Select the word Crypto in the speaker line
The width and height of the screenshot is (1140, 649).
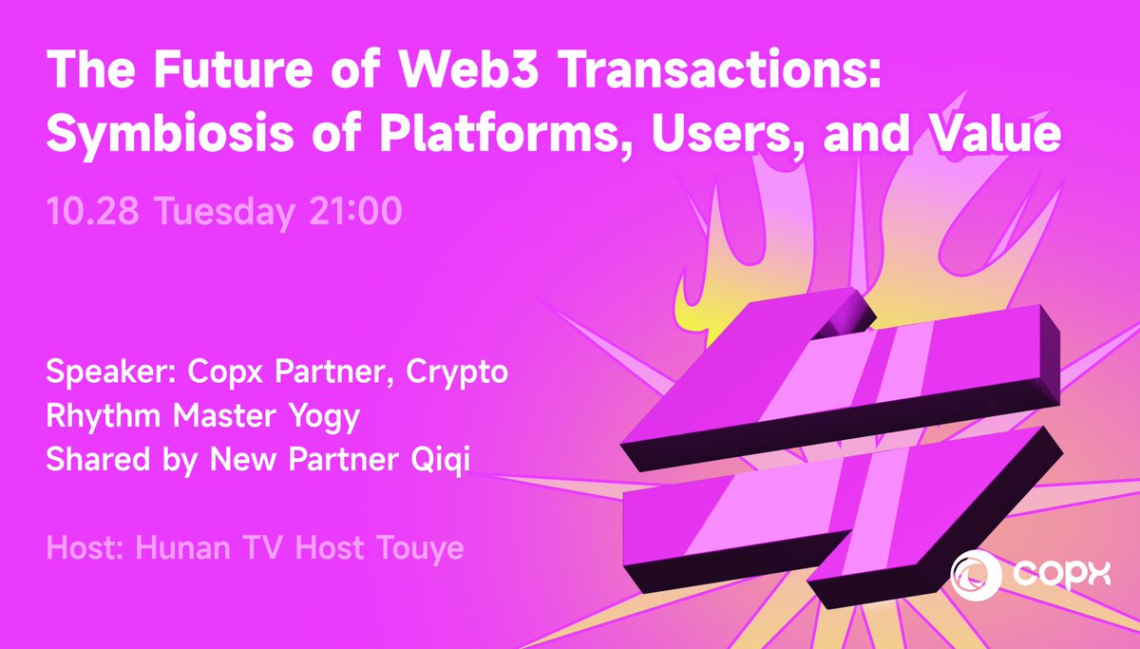(457, 372)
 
